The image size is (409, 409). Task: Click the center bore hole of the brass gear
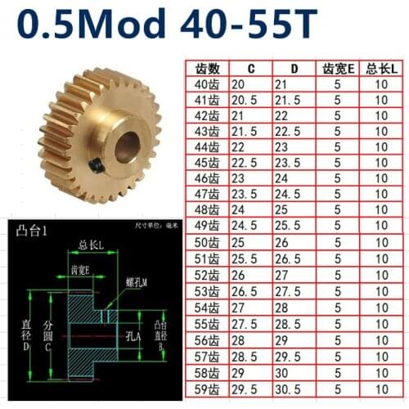(x=128, y=146)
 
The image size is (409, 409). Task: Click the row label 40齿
(x=201, y=85)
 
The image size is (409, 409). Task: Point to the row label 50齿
(x=201, y=243)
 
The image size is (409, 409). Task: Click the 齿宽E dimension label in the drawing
(x=80, y=271)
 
